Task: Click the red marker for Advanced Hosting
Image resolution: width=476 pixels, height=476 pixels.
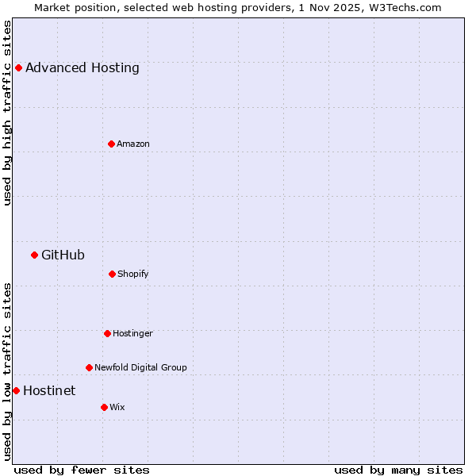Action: point(18,67)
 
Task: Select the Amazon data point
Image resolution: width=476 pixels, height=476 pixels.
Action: point(111,144)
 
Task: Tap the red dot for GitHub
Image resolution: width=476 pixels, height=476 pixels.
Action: point(34,255)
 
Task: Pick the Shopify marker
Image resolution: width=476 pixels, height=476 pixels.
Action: point(112,274)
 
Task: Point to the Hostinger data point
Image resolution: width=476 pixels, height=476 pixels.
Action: point(107,333)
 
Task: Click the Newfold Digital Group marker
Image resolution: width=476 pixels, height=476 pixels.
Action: point(89,367)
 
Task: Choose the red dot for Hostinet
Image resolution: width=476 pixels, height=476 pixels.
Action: point(16,390)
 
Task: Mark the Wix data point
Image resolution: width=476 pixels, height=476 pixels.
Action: point(104,407)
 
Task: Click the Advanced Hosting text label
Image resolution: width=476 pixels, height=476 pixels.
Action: point(83,68)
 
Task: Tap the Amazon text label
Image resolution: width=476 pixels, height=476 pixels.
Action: point(133,144)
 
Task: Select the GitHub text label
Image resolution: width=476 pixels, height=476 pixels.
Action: point(63,255)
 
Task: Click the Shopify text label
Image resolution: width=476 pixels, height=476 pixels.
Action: point(133,274)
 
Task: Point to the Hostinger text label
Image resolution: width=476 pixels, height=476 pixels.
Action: point(132,333)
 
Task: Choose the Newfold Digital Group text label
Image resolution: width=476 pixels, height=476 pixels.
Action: point(140,367)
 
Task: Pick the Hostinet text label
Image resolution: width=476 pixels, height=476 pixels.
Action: point(49,390)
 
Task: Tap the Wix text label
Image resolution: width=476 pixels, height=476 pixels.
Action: point(117,407)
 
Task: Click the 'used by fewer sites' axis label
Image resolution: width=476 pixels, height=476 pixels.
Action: point(82,470)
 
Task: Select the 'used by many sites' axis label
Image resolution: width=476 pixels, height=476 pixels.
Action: point(398,470)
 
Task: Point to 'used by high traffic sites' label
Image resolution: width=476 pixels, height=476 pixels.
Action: point(7,113)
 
